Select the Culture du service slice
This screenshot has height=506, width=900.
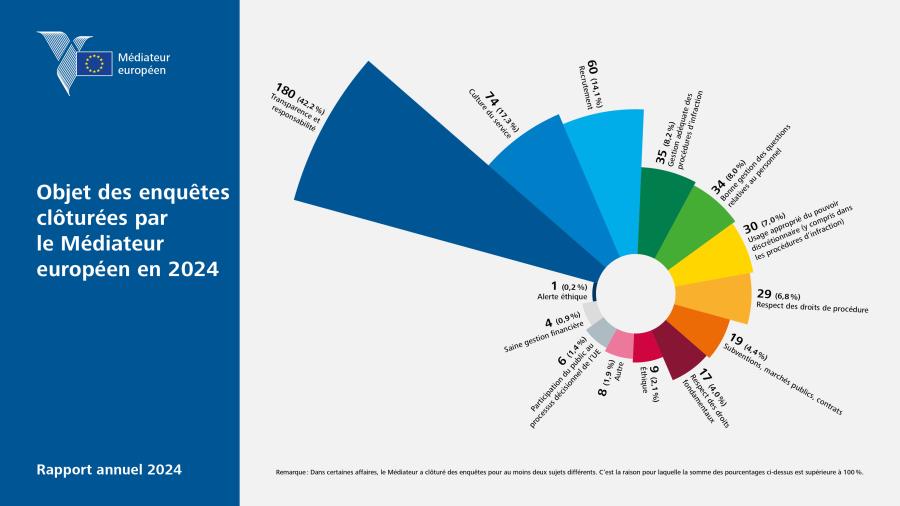pyautogui.click(x=540, y=172)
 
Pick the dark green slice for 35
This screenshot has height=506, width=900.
pyautogui.click(x=660, y=207)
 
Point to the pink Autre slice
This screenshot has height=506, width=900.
pyautogui.click(x=621, y=343)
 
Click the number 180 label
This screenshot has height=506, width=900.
pyautogui.click(x=285, y=91)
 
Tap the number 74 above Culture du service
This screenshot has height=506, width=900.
pyautogui.click(x=491, y=99)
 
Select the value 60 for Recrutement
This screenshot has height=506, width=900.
pyautogui.click(x=593, y=67)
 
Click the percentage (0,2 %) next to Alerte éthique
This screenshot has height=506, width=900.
pyautogui.click(x=574, y=287)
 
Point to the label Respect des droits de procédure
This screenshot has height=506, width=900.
pyautogui.click(x=812, y=308)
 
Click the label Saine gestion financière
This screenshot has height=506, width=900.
pyautogui.click(x=543, y=337)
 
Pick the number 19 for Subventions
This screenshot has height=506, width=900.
pyautogui.click(x=736, y=339)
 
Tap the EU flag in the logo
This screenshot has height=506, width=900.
pyautogui.click(x=95, y=63)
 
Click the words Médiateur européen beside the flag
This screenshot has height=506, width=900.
pyautogui.click(x=143, y=64)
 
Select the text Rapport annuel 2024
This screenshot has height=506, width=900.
pyautogui.click(x=109, y=469)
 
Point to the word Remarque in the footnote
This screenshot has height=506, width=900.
pyautogui.click(x=292, y=472)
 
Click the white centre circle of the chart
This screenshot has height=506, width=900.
pyautogui.click(x=635, y=293)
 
